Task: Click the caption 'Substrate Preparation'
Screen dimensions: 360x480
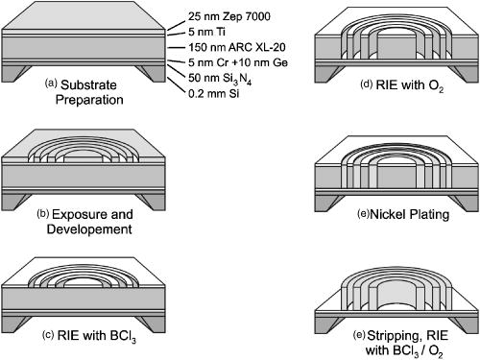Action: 100,91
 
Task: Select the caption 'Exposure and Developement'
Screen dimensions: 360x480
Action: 100,225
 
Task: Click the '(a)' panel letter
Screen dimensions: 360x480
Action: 54,84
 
